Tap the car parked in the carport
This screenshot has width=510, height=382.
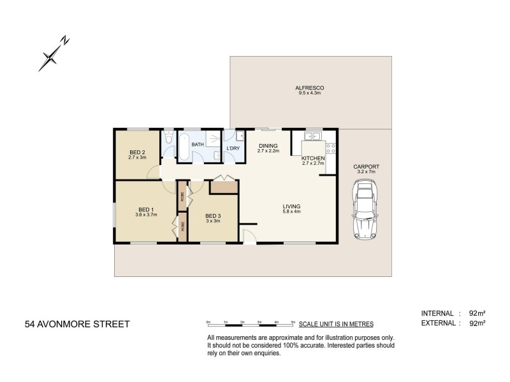pos(365,208)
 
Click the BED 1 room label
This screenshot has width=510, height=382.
pos(146,209)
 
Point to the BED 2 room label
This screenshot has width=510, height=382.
pos(137,152)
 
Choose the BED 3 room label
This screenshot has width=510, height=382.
pos(212,216)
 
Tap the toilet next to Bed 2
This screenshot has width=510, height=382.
pos(168,138)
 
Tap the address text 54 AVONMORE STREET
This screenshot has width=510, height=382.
pos(77,323)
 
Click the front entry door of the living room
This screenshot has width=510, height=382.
pos(249,238)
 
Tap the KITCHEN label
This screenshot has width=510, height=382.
pos(313,158)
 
